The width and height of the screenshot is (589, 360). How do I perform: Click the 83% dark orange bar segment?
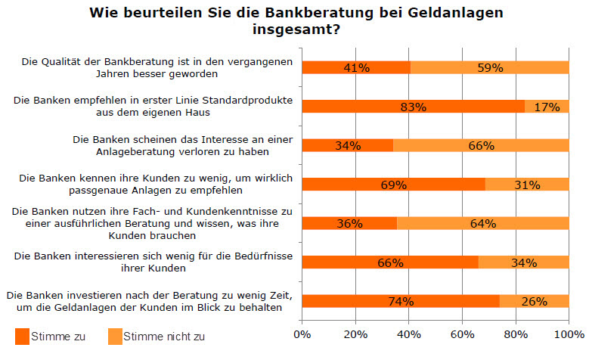pos(413,106)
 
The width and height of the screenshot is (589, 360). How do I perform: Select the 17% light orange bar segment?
pos(547,106)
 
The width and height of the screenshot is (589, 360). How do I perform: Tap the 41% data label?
pos(355,68)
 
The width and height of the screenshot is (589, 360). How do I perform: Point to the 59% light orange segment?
pos(489,67)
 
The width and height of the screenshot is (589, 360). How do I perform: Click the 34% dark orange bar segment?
pos(347,145)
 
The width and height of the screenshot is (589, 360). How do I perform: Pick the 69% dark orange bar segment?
pos(393,184)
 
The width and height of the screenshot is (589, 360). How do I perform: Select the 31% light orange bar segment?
pos(527,184)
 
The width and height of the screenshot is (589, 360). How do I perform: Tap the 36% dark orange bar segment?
pos(349,223)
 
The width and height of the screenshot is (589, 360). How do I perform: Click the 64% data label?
pos(482,223)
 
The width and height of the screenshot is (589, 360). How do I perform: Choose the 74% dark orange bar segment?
pos(401,301)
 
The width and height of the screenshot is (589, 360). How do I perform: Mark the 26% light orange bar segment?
pos(535,301)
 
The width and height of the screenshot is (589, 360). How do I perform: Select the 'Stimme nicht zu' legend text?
pos(163,337)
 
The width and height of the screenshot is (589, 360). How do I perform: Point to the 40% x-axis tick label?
pos(409,334)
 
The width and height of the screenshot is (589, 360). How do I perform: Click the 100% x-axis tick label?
pos(569,334)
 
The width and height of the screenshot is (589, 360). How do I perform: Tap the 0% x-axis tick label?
pos(302,334)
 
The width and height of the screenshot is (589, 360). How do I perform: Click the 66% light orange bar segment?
pos(481,145)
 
